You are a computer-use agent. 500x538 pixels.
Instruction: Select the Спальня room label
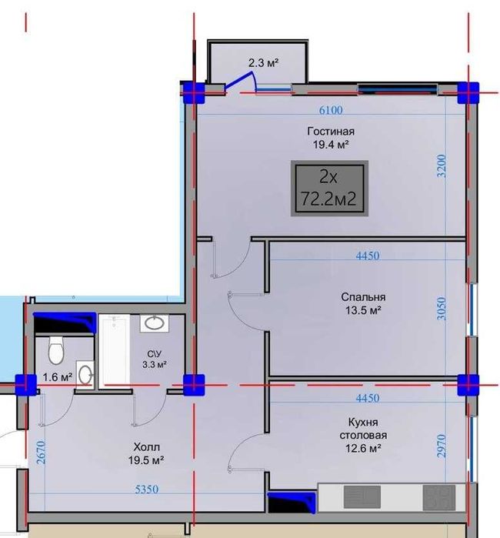pyautogui.click(x=363, y=297)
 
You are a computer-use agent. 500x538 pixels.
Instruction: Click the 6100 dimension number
pyautogui.click(x=330, y=110)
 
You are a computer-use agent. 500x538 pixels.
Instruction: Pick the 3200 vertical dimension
pyautogui.click(x=442, y=166)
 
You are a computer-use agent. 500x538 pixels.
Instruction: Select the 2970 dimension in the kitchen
pyautogui.click(x=442, y=446)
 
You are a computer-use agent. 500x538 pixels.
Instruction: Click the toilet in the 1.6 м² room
pyautogui.click(x=55, y=352)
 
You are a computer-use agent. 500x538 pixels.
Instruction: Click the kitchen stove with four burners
pyautogui.click(x=438, y=496)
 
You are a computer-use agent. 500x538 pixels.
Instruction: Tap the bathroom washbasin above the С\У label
pyautogui.click(x=153, y=323)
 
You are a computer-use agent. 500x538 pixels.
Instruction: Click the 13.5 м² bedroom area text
pyautogui.click(x=363, y=310)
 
